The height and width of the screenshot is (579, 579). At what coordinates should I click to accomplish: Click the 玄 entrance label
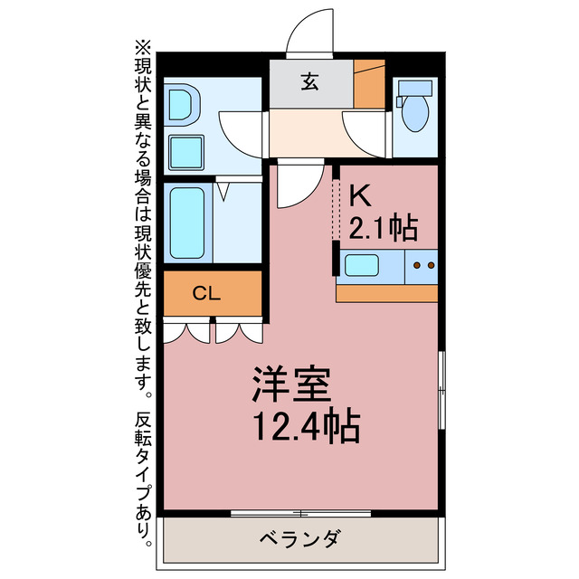point(309,82)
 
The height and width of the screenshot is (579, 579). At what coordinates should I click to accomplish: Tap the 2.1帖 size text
point(384,228)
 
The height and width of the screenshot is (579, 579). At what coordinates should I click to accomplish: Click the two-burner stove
point(422,266)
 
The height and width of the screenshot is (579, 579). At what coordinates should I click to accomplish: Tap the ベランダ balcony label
point(304,541)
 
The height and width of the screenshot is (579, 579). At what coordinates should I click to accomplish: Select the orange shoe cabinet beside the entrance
point(369,83)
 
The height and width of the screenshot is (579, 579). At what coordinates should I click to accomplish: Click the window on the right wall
point(441,390)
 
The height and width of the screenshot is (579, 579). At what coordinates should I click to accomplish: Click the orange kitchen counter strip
point(386,292)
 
